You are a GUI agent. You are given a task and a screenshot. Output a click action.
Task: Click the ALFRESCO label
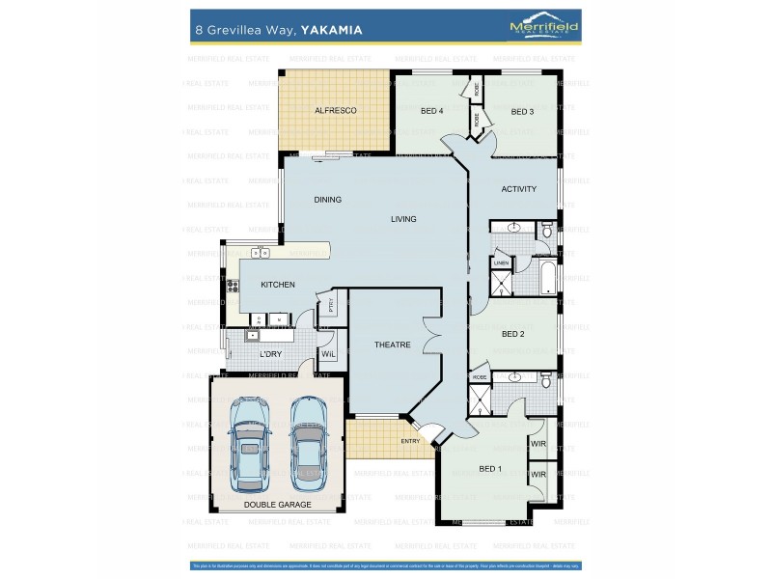click(335, 111)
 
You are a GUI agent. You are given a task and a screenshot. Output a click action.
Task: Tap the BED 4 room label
click(431, 111)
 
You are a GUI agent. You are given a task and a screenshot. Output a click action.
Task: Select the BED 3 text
click(522, 112)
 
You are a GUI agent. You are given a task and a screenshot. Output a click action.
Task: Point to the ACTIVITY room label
click(518, 189)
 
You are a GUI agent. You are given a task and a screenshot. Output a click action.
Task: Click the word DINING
click(327, 200)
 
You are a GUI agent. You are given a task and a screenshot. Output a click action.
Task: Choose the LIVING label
click(403, 219)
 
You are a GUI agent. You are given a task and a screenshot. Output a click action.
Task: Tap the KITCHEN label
click(277, 285)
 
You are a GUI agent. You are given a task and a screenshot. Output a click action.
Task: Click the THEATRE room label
click(393, 345)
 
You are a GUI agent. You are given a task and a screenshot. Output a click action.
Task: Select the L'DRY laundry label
click(271, 355)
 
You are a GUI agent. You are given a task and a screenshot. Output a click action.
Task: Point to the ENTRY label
click(411, 442)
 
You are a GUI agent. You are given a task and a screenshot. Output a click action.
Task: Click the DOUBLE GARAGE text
click(276, 505)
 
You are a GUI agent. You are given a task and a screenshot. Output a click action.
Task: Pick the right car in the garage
click(309, 440)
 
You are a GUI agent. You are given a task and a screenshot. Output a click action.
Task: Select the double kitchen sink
click(260, 253)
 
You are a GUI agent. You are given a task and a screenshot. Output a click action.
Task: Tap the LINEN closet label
click(501, 262)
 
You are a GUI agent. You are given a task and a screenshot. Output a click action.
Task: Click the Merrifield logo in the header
click(543, 28)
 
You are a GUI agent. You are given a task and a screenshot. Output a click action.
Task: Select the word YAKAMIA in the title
click(331, 30)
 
